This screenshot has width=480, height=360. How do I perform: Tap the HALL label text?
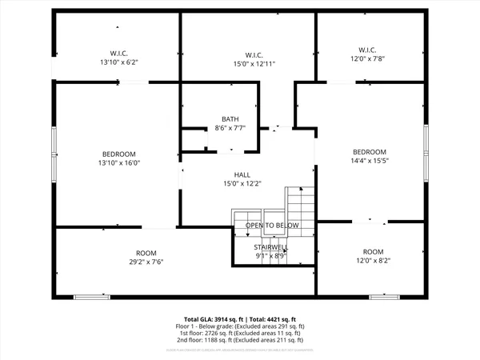(x=242, y=174)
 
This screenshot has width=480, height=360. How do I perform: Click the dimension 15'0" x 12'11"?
(x=254, y=64)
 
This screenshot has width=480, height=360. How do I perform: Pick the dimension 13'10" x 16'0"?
(x=118, y=162)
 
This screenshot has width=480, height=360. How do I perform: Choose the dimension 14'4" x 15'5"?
(x=370, y=160)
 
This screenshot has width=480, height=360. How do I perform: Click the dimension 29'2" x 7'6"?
(x=146, y=262)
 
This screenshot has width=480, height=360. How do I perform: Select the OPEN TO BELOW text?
(x=272, y=226)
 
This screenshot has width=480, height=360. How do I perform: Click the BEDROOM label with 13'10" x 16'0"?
(x=118, y=154)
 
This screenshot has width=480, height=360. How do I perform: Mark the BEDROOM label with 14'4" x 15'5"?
(x=370, y=151)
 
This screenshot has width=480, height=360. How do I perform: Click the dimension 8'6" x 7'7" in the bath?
(x=230, y=128)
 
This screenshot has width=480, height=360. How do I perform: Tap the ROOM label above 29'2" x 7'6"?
(x=146, y=253)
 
